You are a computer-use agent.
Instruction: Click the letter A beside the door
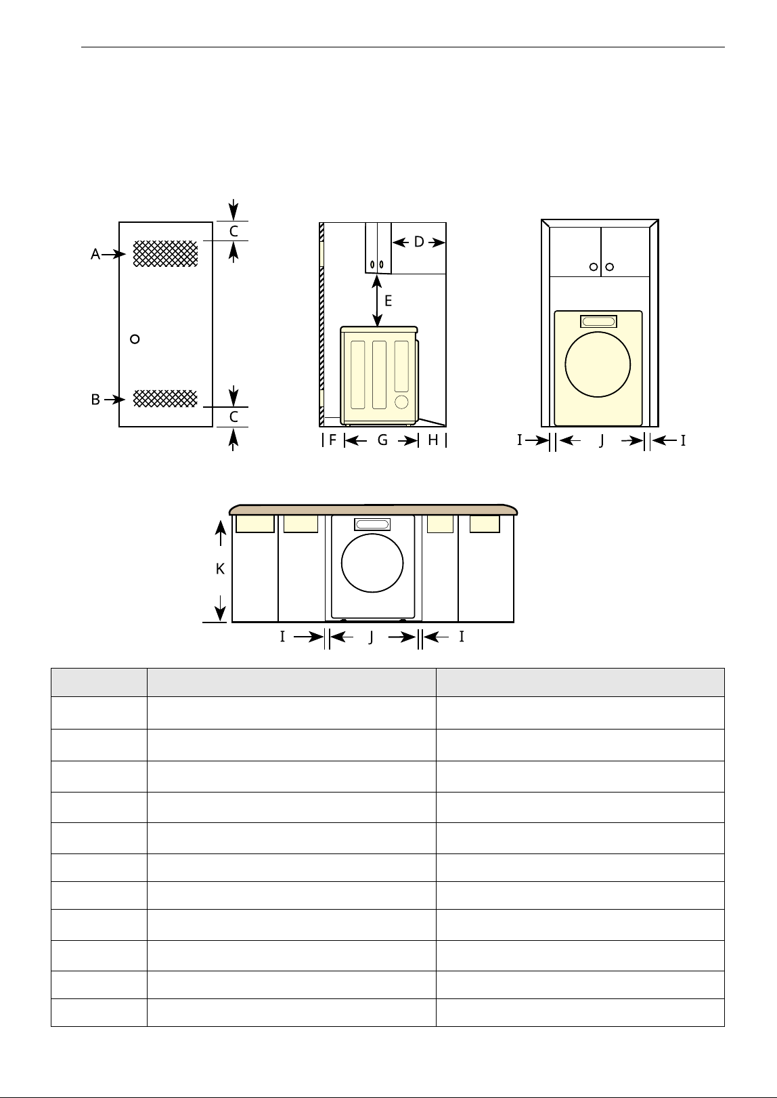pyautogui.click(x=95, y=254)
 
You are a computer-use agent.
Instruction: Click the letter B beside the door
pyautogui.click(x=95, y=400)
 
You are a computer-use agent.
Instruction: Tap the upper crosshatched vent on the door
pyautogui.click(x=166, y=253)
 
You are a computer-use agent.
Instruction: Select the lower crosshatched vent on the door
pyautogui.click(x=166, y=398)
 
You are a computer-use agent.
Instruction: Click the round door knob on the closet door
pyautogui.click(x=135, y=339)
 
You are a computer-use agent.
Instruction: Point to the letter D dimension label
pyautogui.click(x=419, y=242)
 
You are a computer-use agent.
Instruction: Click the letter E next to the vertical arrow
pyautogui.click(x=388, y=301)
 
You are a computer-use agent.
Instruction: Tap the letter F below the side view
pyautogui.click(x=332, y=440)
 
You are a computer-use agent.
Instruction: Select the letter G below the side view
pyautogui.click(x=382, y=440)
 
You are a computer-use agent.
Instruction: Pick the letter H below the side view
pyautogui.click(x=432, y=440)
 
